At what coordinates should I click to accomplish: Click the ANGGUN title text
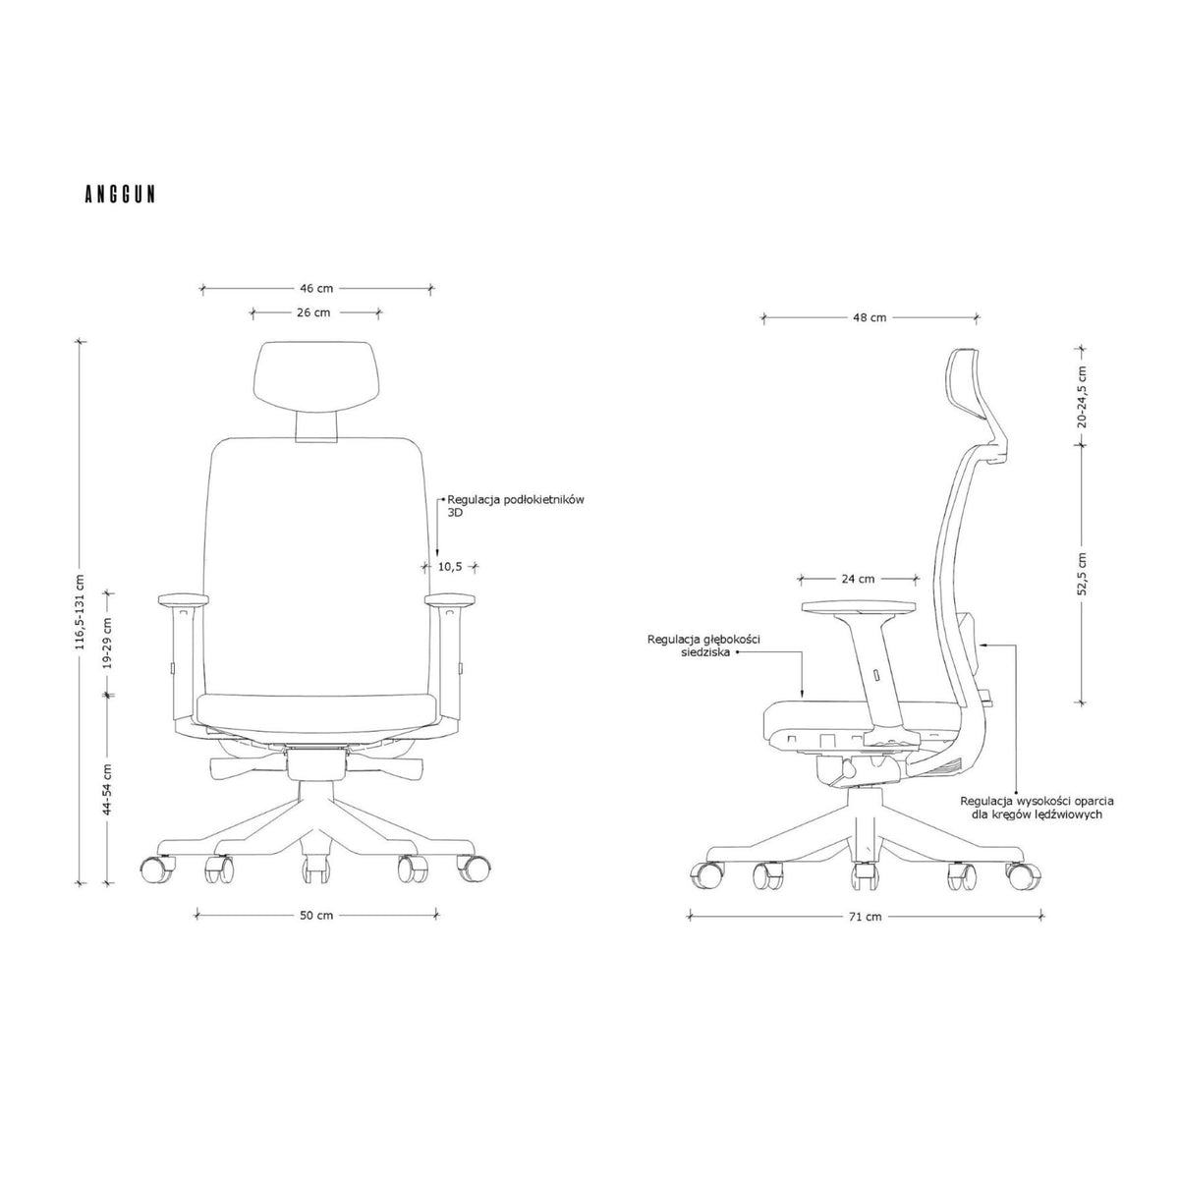click(120, 194)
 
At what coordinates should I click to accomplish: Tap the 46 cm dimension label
click(316, 288)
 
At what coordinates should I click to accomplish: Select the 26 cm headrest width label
click(313, 312)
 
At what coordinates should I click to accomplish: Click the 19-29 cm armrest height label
click(108, 643)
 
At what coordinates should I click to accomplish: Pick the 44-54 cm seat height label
click(108, 789)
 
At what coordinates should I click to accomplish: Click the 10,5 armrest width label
click(450, 567)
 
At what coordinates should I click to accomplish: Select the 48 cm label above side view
click(870, 317)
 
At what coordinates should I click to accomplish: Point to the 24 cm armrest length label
click(858, 578)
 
